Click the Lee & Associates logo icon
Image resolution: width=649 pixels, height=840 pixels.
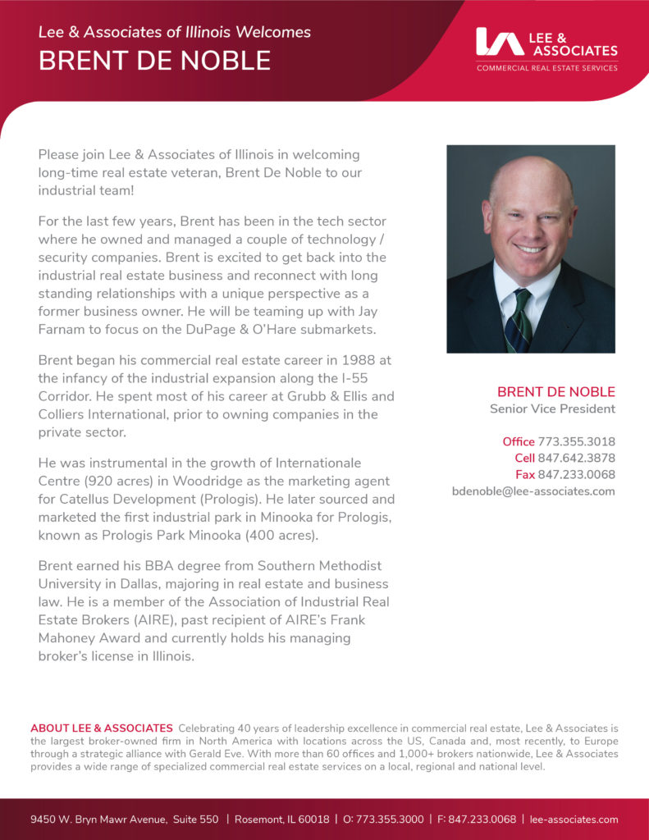point(500,42)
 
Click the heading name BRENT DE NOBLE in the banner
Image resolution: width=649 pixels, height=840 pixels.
point(154,61)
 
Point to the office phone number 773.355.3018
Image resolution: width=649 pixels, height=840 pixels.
point(576,441)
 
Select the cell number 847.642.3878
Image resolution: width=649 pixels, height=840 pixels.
point(576,458)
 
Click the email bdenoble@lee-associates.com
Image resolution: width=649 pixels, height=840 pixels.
point(533,491)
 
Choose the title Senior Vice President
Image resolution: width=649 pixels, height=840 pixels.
point(552,409)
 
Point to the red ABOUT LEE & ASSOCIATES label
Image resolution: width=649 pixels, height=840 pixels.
point(102,728)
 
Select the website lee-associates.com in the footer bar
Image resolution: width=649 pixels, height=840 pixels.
point(574,819)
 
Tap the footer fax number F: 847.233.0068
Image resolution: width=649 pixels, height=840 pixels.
point(476,819)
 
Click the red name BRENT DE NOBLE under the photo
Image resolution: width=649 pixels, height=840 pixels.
point(555,391)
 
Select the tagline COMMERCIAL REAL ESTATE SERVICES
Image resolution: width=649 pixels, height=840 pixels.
point(546,68)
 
